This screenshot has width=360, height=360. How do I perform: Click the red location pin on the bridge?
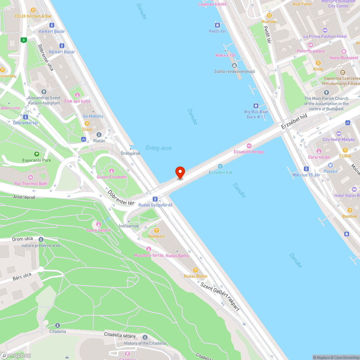click(180, 172)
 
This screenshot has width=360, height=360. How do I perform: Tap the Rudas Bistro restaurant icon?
click(195, 270)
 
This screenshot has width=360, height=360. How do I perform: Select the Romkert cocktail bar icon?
click(156, 230)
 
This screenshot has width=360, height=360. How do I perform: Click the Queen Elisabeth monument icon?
click(111, 171)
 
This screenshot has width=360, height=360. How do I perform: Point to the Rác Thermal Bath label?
click(30, 184)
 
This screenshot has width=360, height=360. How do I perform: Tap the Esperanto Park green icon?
click(36, 154)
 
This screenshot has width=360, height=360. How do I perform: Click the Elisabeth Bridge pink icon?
click(249, 145)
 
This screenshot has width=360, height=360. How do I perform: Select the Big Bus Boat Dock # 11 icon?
click(256, 106)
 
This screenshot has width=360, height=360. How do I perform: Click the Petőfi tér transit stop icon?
click(217, 25)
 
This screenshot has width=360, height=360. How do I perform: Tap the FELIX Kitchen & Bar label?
click(33, 16)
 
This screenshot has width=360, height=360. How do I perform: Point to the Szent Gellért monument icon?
click(98, 224)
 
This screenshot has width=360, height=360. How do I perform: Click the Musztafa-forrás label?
click(149, 255)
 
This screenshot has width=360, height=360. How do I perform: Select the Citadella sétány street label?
click(120, 336)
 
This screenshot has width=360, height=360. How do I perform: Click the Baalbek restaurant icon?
click(350, 210)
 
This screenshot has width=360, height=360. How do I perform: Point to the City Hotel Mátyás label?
click(338, 140)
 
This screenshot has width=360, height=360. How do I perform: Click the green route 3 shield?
click(24, 40)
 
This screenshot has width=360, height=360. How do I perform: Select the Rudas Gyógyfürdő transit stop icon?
click(155, 199)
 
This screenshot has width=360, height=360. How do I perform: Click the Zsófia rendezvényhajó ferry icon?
click(234, 65)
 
